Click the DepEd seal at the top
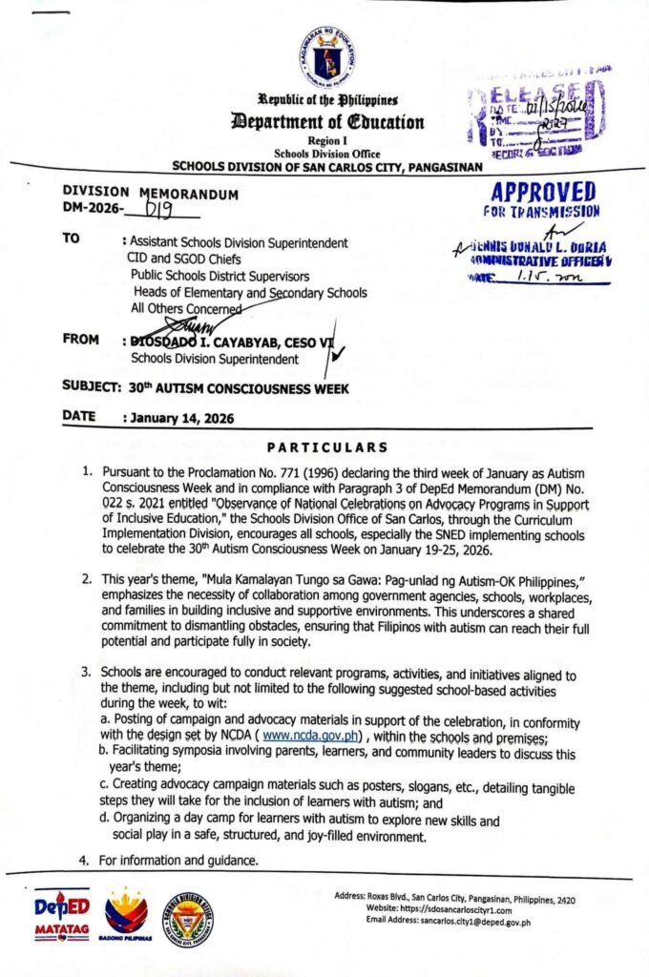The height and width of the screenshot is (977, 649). tap(327, 55)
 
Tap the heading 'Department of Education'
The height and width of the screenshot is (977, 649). tap(326, 121)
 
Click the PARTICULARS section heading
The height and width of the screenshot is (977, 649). tap(326, 447)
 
